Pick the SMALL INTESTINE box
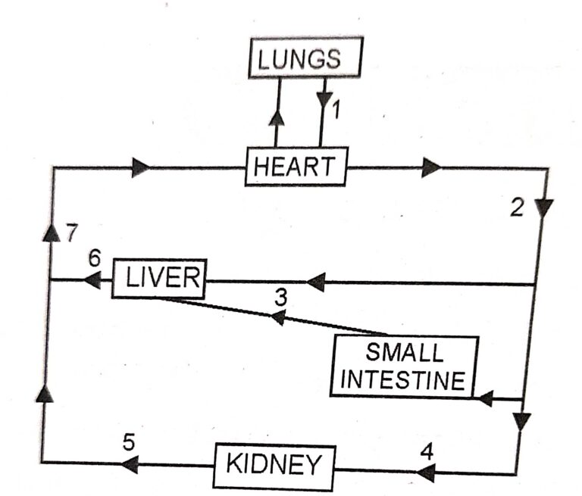coord(405,367)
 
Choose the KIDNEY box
coord(274,465)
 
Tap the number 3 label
coord(280,297)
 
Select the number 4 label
coord(427,451)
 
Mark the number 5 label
coord(129,441)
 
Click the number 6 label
coord(93,258)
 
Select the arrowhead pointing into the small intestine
coord(486,397)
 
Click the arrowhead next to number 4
coord(426,473)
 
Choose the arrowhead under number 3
coord(278,317)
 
